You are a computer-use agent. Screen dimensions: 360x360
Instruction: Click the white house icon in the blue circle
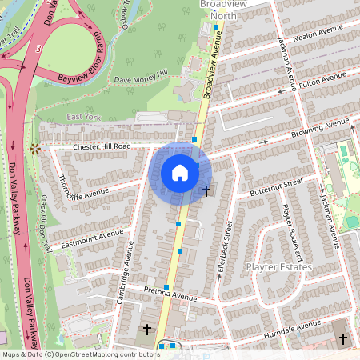coord(180,173)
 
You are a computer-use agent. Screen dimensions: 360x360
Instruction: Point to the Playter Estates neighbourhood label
coord(278,266)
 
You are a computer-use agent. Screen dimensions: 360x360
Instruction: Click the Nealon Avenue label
coord(318,37)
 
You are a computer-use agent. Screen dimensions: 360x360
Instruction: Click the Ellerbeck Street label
coord(224,253)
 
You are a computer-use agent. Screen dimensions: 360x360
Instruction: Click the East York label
coord(84,117)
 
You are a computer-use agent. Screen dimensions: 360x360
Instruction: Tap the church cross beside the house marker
coord(207,190)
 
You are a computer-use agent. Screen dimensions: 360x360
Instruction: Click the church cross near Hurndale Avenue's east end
coord(343,339)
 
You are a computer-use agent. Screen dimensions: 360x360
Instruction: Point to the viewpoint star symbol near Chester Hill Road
coord(34,147)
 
